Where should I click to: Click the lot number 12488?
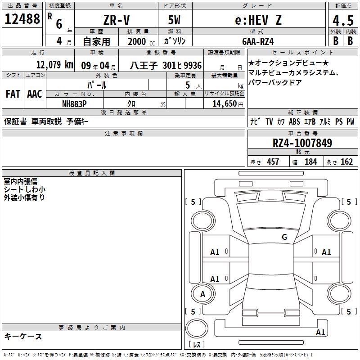pyautogui.click(x=22, y=19)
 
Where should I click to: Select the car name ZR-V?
pyautogui.click(x=117, y=20)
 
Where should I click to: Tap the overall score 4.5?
pyautogui.click(x=343, y=20)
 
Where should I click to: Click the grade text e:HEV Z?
pyautogui.click(x=258, y=20)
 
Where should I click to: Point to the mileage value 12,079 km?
pyautogui.click(x=54, y=65)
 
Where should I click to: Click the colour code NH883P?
pyautogui.click(x=74, y=104)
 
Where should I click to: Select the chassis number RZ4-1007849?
pyautogui.click(x=302, y=143)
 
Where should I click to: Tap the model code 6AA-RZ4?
pyautogui.click(x=258, y=41)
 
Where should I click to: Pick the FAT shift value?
pyautogui.click(x=13, y=94)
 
